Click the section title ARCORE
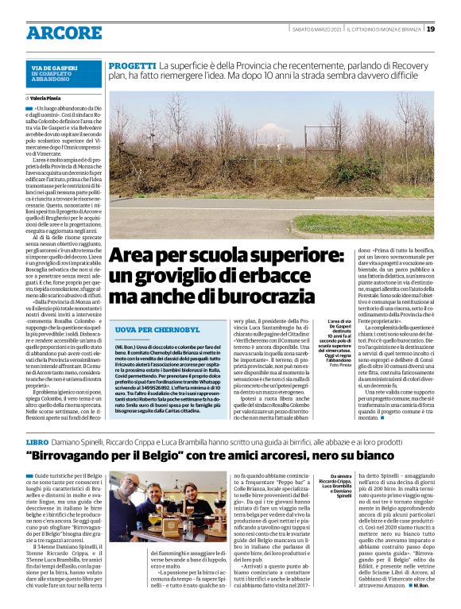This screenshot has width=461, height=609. point(64,33)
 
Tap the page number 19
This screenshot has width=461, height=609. point(430,29)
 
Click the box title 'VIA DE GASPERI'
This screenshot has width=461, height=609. point(54,68)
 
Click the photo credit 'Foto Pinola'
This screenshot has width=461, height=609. point(340,365)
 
